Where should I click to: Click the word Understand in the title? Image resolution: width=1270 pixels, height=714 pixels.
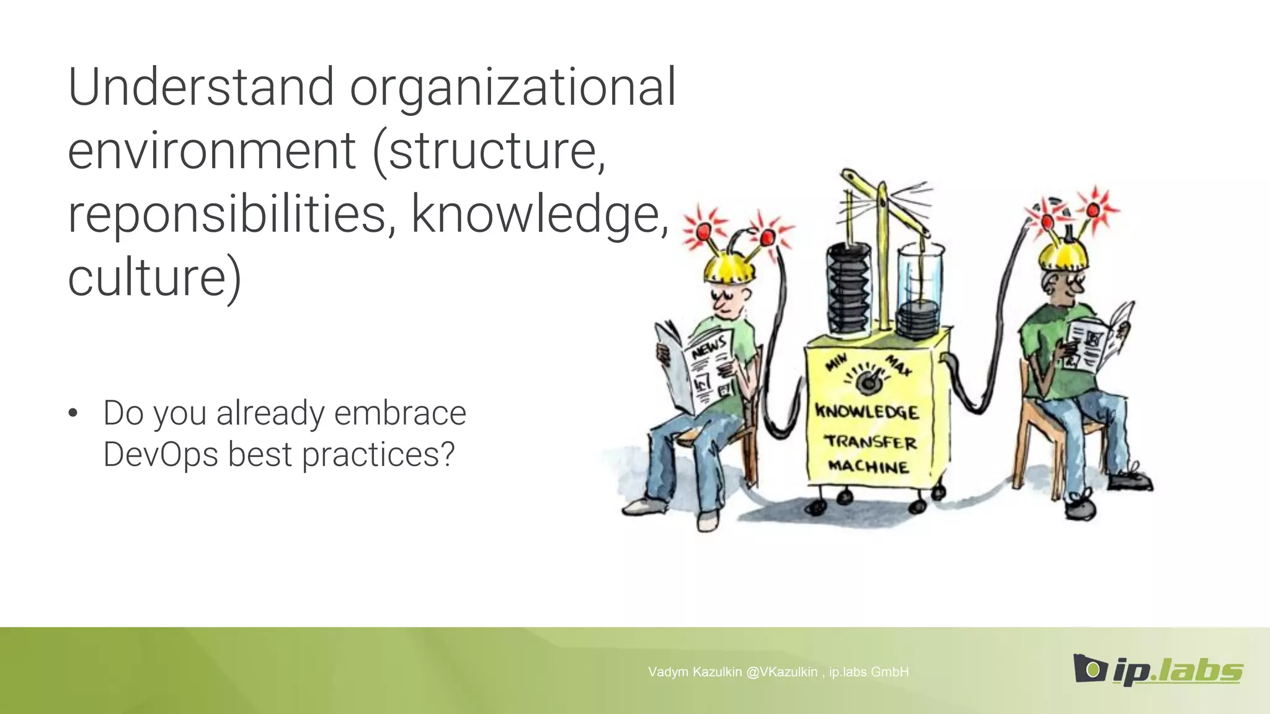202,87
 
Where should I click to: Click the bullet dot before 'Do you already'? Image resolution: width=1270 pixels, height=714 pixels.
73,413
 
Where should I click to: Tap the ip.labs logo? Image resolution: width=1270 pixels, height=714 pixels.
1157,669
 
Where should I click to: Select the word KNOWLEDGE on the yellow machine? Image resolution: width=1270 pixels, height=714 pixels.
867,412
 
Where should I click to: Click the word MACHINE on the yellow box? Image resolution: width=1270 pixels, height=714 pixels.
868,466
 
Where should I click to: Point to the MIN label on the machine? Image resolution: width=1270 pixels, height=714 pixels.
837,363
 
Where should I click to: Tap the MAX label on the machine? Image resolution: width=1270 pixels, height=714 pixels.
898,364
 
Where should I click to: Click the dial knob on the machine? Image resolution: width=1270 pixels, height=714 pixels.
868,383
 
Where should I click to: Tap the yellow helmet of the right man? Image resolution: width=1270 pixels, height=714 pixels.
1063,255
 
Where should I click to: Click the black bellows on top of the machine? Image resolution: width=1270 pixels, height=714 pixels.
848,288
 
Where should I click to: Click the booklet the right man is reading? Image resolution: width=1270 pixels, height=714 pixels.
1098,339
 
